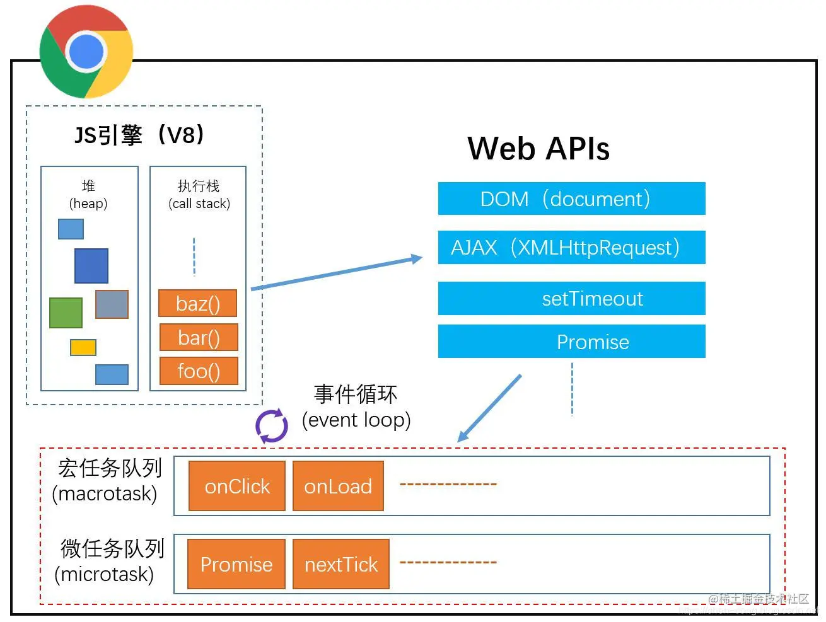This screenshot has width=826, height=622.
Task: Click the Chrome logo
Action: (86, 52)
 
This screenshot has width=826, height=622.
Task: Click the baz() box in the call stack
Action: (198, 304)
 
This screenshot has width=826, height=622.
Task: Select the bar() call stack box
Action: (199, 338)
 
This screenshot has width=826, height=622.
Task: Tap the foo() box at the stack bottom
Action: (199, 371)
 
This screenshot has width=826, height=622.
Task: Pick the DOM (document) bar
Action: (571, 199)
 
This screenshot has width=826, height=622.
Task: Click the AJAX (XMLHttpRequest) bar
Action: (571, 248)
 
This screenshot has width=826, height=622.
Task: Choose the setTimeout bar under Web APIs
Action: (571, 299)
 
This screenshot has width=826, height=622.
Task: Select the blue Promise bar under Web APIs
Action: (571, 342)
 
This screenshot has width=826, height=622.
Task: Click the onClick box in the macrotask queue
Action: (237, 487)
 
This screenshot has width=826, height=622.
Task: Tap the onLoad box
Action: (338, 487)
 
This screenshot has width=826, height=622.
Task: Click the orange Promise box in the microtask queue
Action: (236, 565)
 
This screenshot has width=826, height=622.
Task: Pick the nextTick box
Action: (341, 565)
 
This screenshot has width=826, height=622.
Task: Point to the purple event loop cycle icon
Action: (272, 426)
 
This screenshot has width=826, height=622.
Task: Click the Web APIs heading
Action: (538, 149)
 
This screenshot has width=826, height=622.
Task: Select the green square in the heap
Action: (66, 313)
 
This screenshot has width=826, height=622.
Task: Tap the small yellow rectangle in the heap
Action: (83, 347)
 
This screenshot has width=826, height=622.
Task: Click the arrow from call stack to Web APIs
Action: (337, 273)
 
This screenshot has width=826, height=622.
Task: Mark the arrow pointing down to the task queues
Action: (489, 408)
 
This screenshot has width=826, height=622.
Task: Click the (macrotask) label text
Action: (105, 493)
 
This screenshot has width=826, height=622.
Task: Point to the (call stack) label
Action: (199, 204)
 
